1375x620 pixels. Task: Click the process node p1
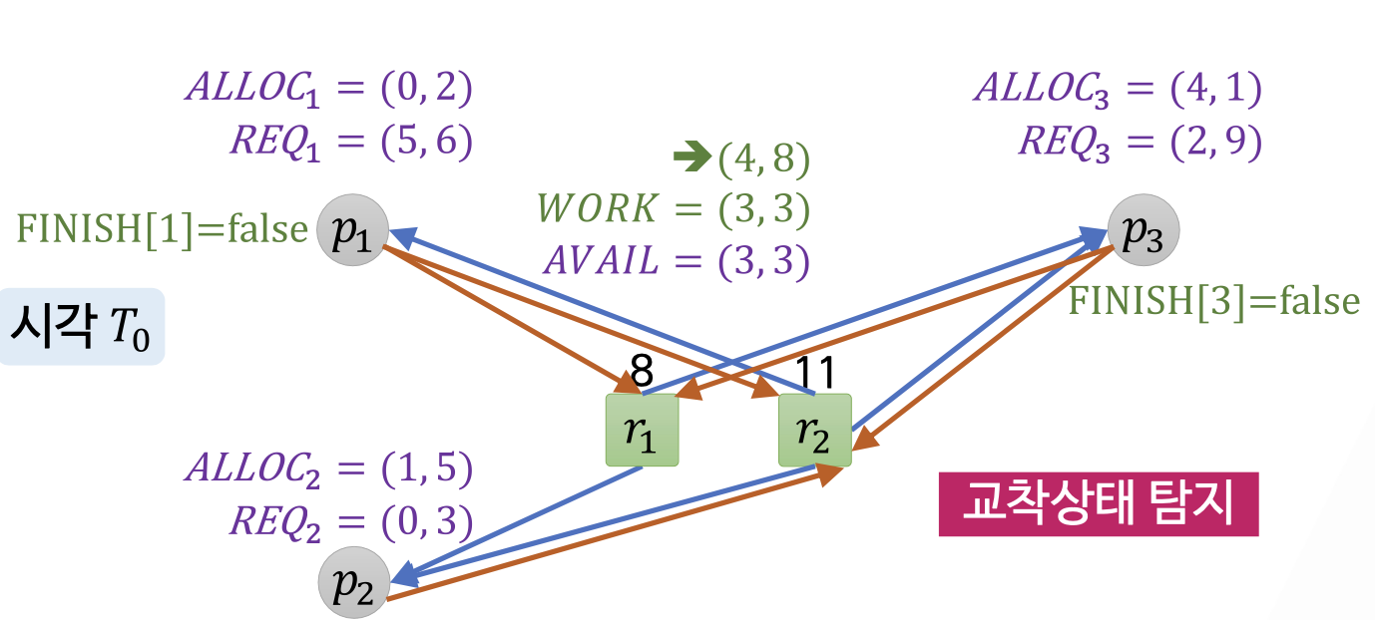coord(351,231)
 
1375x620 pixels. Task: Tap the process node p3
coord(1144,230)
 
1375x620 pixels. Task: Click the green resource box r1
coord(642,430)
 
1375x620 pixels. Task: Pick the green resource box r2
coord(814,430)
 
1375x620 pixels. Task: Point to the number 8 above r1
coord(642,374)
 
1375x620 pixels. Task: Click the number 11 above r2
coord(814,374)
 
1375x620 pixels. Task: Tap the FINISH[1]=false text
coord(162,230)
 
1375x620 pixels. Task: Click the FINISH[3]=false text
coord(1213,300)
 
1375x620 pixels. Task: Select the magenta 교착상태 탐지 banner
coord(1098,504)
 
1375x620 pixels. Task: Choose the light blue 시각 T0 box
coord(80,326)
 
